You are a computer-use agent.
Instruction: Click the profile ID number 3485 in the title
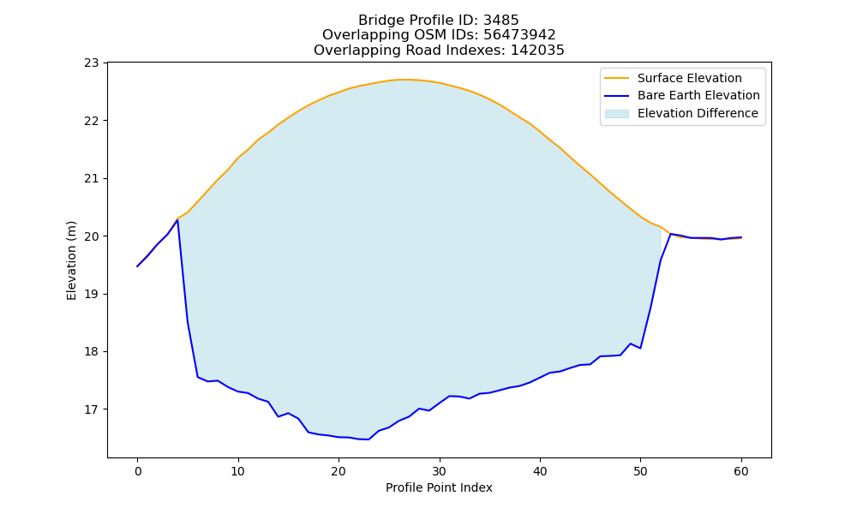500,21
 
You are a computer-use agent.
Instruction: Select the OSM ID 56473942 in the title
519,35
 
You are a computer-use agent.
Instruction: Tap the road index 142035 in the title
537,51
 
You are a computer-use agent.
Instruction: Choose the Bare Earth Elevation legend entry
681,96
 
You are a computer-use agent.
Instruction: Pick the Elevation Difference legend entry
681,113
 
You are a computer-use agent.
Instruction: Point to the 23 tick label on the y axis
92,63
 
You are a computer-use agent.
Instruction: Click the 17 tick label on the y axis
92,409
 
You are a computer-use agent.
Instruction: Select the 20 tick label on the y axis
92,236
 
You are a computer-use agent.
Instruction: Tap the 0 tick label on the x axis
137,471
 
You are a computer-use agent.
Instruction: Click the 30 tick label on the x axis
440,471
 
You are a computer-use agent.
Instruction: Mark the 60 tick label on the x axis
741,471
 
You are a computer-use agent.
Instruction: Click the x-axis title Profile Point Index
439,487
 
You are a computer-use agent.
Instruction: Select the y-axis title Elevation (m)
71,260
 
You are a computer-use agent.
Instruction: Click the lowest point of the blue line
369,439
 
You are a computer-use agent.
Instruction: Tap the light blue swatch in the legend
616,114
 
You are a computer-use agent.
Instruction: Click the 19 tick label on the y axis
92,295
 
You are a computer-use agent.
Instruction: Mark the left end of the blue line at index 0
137,266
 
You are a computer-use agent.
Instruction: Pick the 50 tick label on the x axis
640,471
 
